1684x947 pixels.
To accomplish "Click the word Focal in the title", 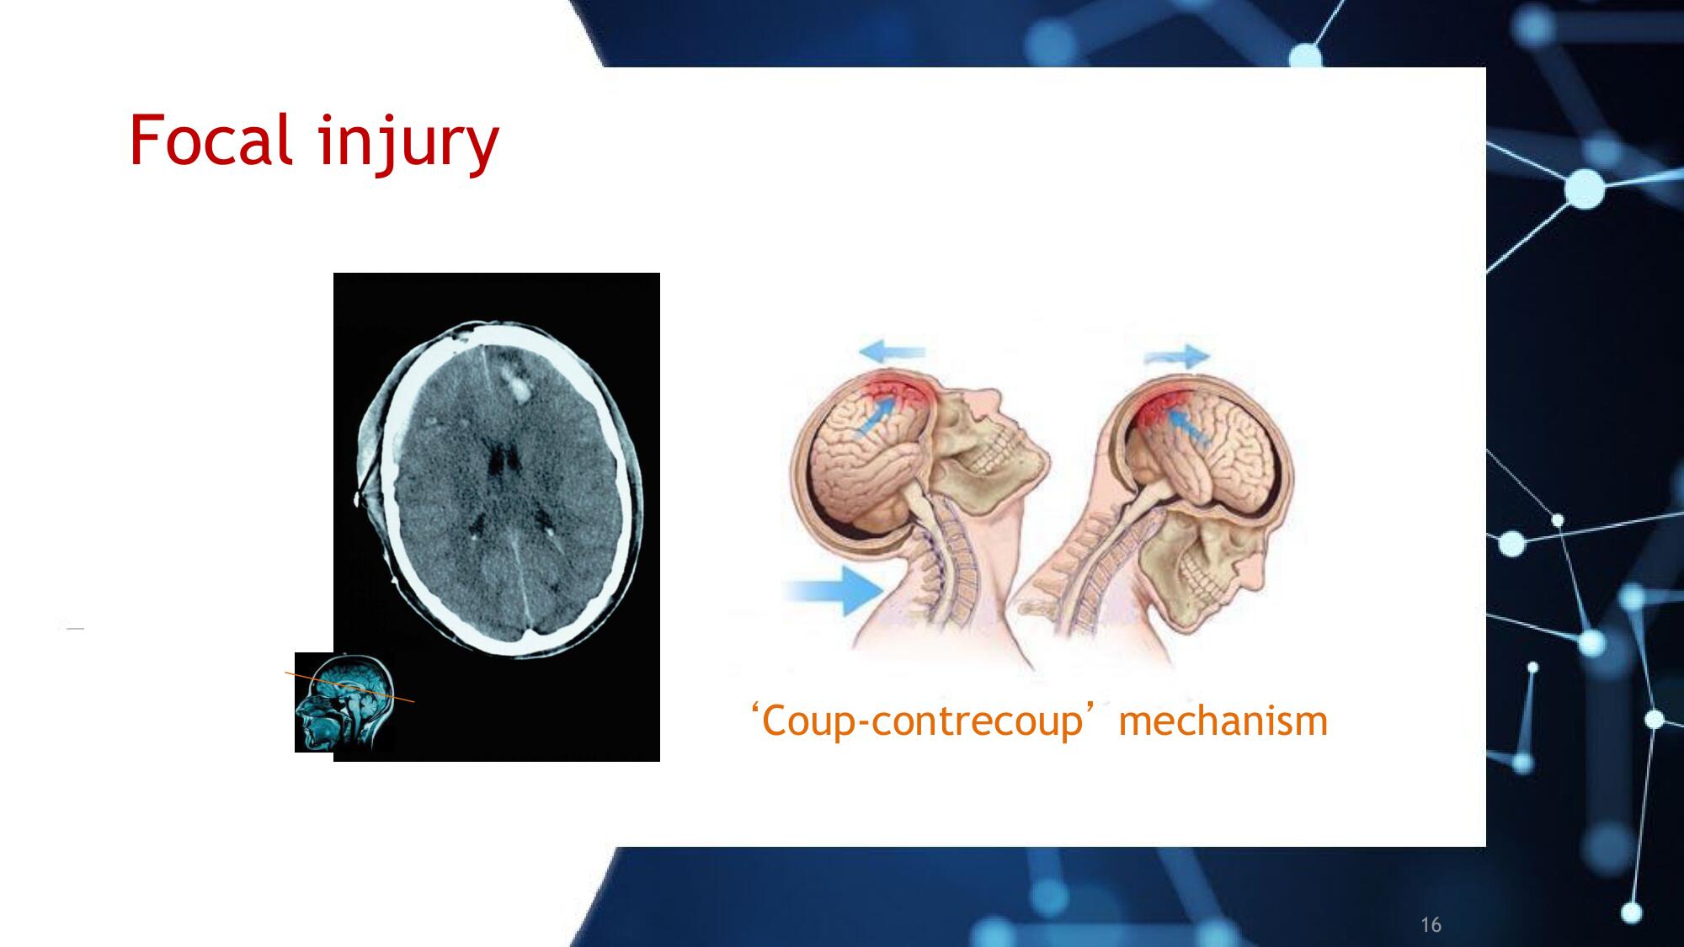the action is (211, 140).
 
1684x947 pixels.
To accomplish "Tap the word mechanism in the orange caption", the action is (1223, 721).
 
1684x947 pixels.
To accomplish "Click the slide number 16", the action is (1431, 924).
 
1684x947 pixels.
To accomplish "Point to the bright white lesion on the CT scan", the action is (515, 384).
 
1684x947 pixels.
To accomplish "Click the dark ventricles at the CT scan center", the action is (504, 460).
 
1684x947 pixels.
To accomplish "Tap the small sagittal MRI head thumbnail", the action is (344, 702).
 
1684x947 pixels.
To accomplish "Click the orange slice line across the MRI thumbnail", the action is (349, 687).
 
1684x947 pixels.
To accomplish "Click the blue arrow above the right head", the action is (1176, 356).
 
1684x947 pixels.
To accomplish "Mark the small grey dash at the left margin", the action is (76, 629).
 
